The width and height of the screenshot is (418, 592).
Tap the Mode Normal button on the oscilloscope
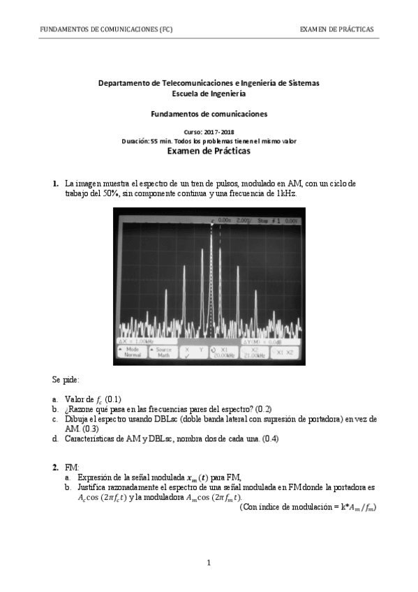(x=132, y=351)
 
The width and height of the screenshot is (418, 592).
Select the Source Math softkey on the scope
(x=163, y=351)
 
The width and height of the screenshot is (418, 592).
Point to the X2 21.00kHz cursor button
(x=256, y=351)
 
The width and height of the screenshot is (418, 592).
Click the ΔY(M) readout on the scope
(x=262, y=341)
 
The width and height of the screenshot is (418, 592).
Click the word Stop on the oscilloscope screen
(x=262, y=220)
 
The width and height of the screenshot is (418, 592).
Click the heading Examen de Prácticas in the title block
(x=209, y=150)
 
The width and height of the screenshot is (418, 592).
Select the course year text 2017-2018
(x=218, y=132)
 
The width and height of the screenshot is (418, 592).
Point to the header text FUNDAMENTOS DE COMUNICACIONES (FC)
(x=106, y=29)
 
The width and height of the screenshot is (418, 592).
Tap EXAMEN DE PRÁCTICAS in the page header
(x=336, y=29)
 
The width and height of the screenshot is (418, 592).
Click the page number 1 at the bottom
(x=209, y=563)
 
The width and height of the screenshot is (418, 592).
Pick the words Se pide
(x=66, y=380)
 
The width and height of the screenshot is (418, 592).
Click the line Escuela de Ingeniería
(x=209, y=93)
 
